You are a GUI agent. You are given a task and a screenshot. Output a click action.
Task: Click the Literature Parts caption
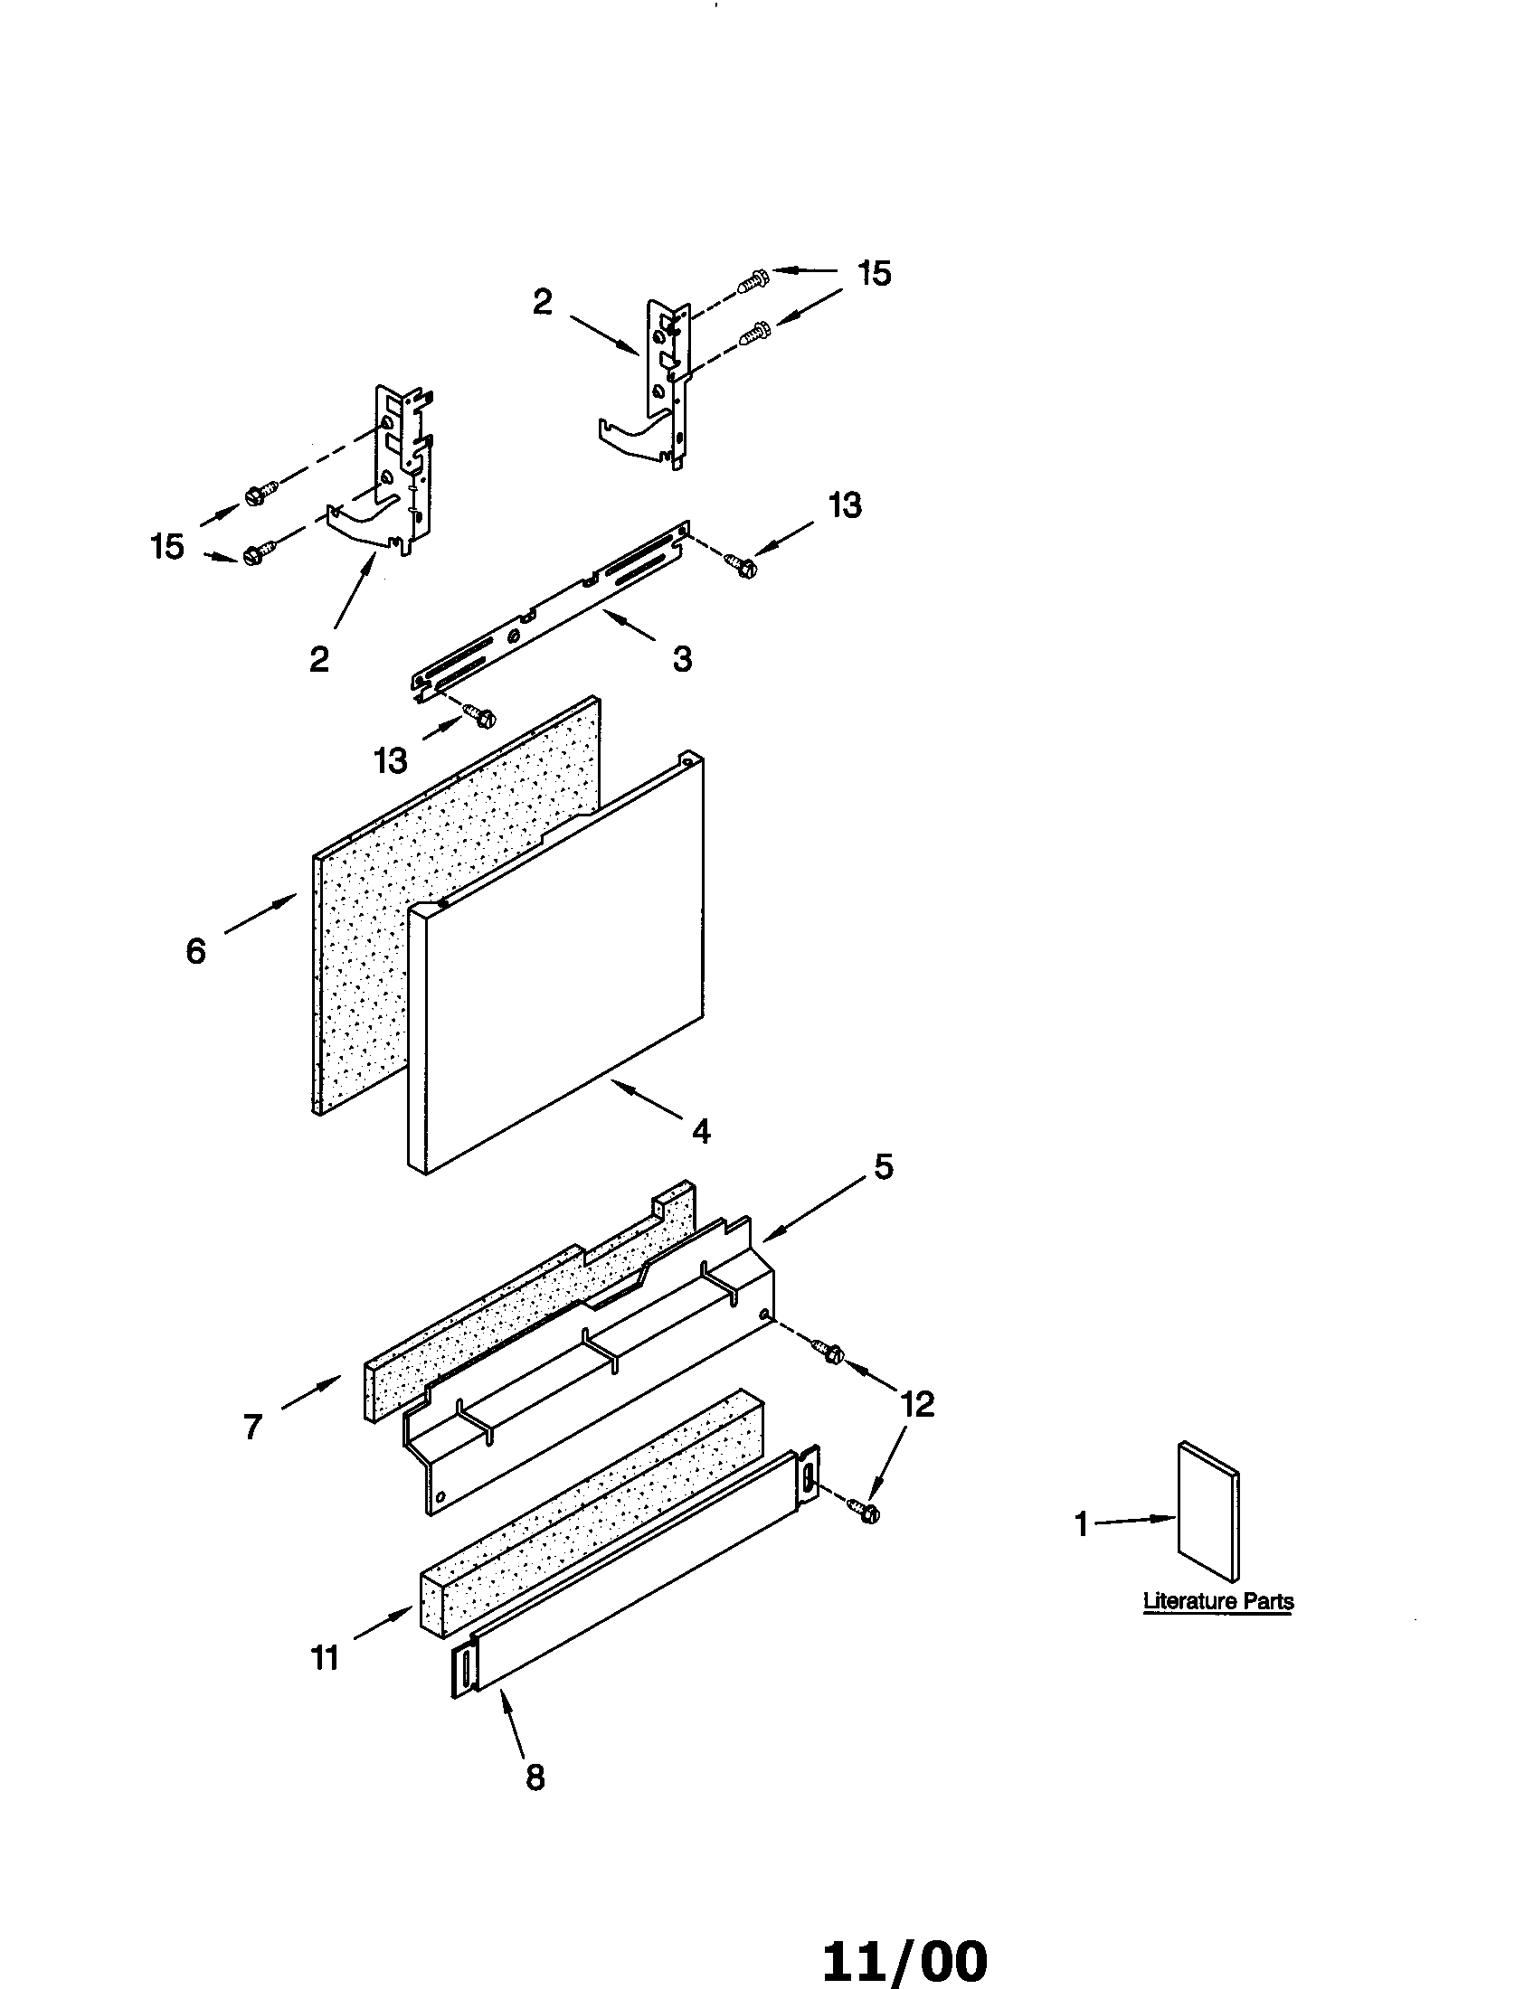[x=1218, y=1601]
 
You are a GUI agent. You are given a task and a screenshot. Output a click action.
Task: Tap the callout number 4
[x=699, y=1132]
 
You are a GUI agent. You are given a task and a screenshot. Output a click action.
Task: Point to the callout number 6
[x=196, y=952]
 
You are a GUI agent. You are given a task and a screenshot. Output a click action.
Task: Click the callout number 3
[x=682, y=658]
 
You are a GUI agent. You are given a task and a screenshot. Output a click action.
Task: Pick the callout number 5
[x=884, y=1166]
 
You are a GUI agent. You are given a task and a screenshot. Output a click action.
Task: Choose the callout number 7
[x=253, y=1426]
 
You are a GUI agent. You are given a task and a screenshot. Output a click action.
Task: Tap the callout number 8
[x=535, y=1777]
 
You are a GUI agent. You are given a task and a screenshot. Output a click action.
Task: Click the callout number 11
[x=326, y=1658]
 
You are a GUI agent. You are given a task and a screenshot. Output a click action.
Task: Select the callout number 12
[x=917, y=1405]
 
